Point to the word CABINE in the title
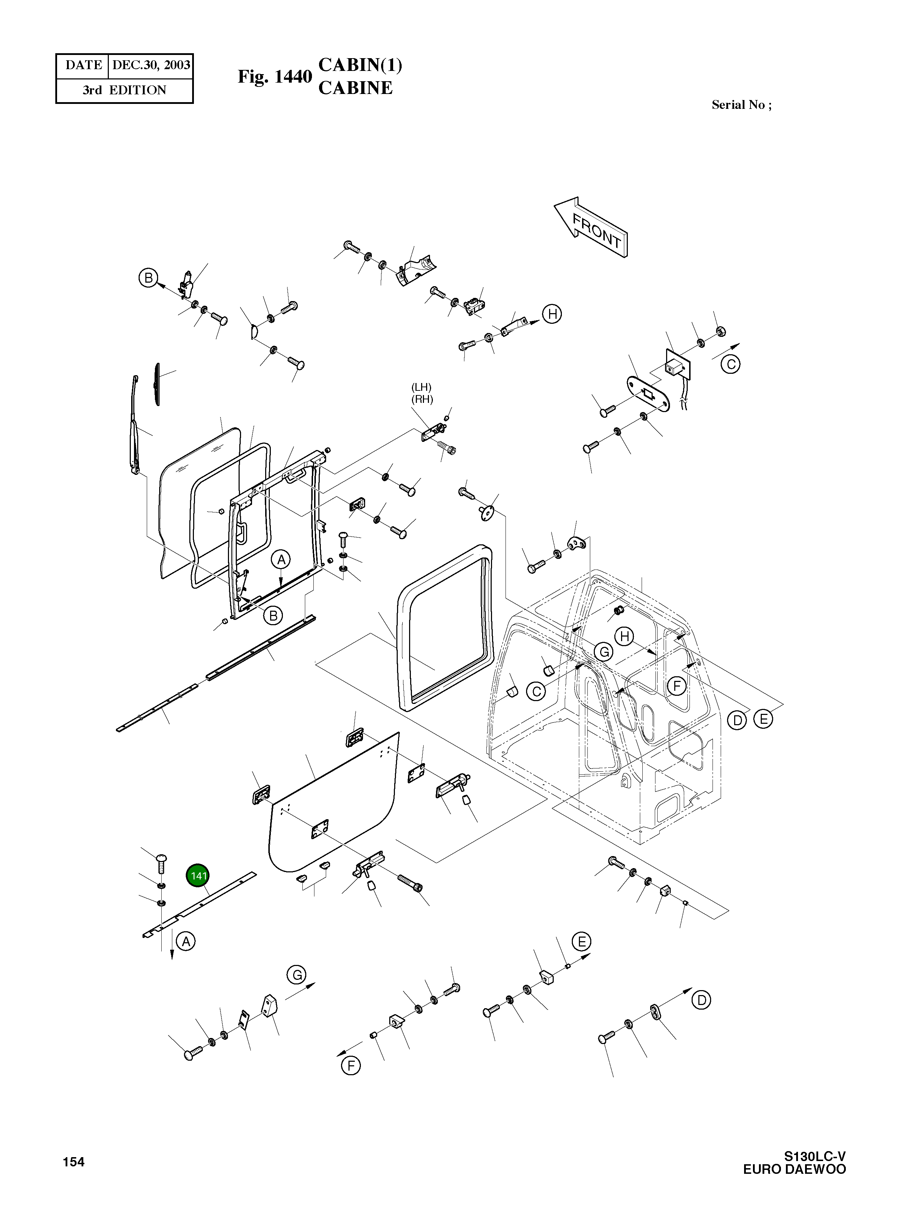click(355, 88)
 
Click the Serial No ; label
click(741, 105)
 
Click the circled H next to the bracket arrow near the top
click(552, 314)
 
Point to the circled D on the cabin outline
click(737, 720)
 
